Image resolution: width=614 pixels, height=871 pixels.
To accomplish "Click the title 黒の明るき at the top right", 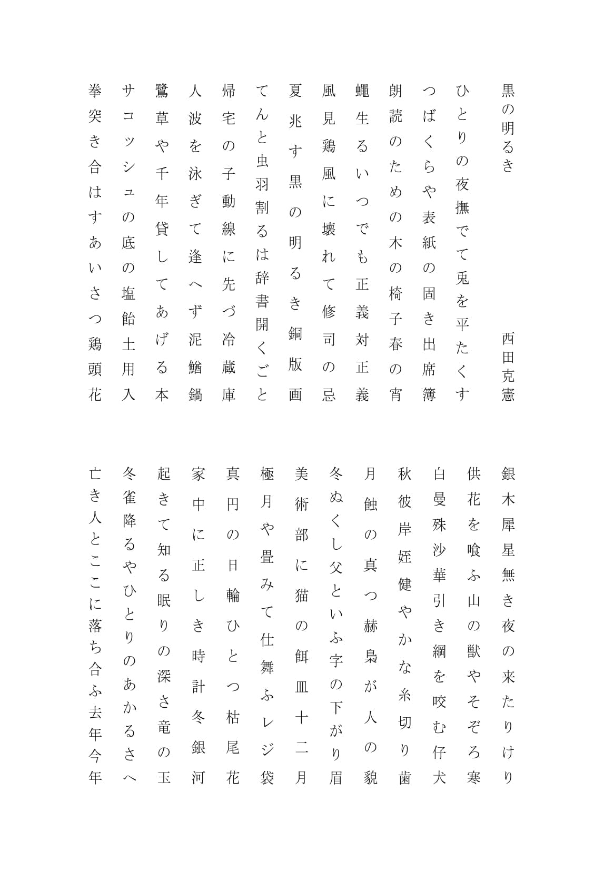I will point(508,128).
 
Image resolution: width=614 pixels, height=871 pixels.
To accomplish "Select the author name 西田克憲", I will point(508,366).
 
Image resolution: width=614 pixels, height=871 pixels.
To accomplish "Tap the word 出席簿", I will point(429,368).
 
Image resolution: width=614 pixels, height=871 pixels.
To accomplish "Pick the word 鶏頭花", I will point(95,369).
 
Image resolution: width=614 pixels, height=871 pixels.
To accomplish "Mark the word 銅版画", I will point(295,363).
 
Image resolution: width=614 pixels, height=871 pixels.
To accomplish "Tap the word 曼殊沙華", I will point(439,537).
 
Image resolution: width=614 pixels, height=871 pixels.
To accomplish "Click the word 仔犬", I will point(439,764).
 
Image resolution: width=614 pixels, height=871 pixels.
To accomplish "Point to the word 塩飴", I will point(128,306).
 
